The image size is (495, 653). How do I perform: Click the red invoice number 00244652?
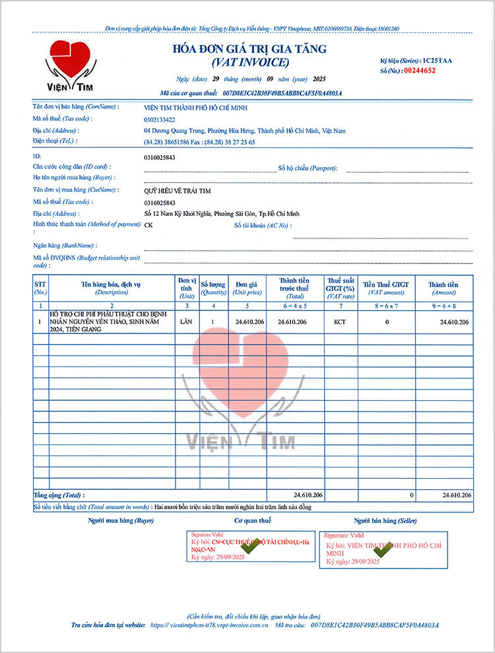[420, 69]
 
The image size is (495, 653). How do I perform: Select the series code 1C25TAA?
[437, 60]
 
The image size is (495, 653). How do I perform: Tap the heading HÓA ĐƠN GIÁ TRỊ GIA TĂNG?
[249, 50]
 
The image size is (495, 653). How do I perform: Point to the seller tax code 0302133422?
[160, 119]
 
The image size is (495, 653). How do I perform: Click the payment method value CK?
[148, 225]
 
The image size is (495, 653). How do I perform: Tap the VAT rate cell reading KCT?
[340, 322]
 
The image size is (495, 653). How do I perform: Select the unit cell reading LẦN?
[185, 322]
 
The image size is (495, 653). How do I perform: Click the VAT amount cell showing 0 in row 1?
[387, 322]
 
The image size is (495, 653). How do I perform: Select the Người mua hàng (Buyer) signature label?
[121, 521]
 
